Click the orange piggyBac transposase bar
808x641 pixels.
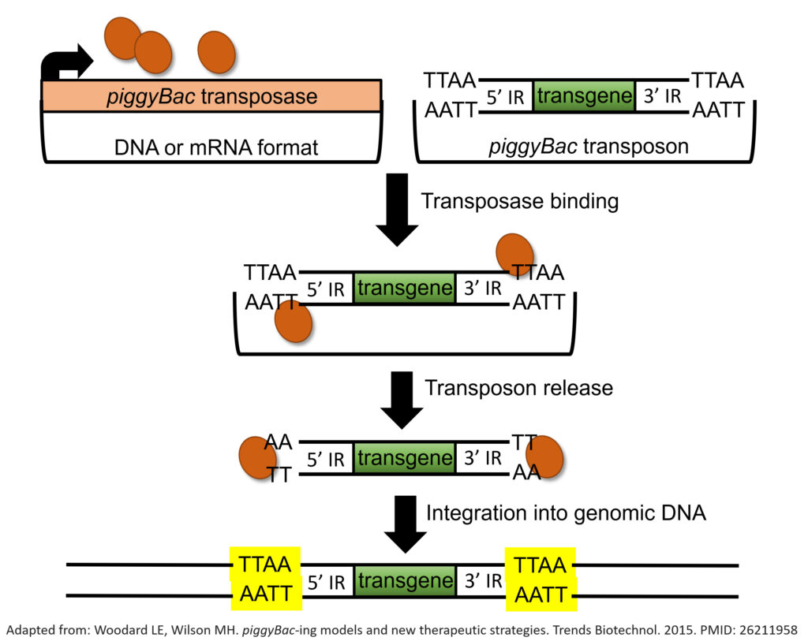211,96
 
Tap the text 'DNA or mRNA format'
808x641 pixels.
211,145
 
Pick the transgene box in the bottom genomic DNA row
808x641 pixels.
404,582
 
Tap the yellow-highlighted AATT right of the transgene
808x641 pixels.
541,595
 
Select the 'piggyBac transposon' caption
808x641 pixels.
589,146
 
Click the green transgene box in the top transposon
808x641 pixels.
584,97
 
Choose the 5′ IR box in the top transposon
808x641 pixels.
506,97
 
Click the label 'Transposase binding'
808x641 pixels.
520,201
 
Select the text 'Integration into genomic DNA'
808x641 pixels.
566,512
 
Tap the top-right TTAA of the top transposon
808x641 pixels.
717,80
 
